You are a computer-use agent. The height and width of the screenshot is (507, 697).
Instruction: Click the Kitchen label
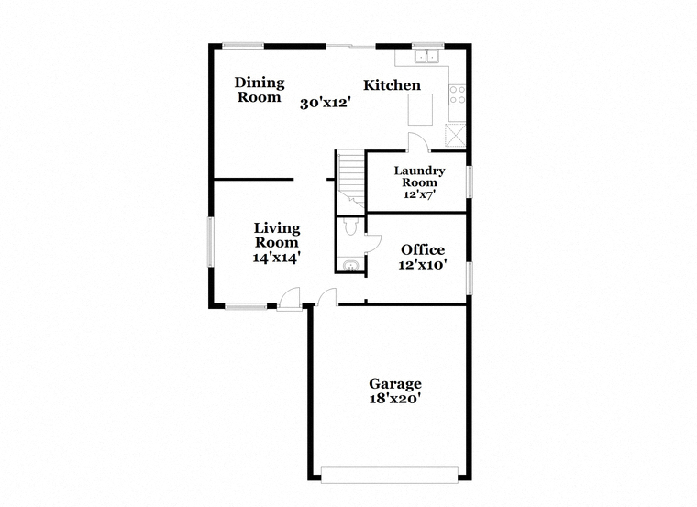coord(392,85)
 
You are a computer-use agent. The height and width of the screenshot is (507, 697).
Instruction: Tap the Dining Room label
coord(260,90)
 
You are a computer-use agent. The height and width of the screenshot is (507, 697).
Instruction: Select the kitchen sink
coord(426,57)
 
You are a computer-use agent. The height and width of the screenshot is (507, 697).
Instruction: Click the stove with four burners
coord(457,94)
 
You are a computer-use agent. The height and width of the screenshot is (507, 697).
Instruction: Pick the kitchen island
coord(420,109)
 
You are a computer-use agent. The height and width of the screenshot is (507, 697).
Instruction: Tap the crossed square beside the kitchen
coord(455,135)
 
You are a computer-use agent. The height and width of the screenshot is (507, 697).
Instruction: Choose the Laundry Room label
coord(420,176)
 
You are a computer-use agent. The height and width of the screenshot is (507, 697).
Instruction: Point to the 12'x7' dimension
coord(420,194)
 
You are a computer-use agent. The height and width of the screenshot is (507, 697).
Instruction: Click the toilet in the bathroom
coord(350,226)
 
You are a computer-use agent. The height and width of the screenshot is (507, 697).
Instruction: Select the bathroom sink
coord(351,265)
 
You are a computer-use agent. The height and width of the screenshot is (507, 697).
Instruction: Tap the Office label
coord(423,249)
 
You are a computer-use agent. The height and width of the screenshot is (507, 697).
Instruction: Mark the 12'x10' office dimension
coord(423,265)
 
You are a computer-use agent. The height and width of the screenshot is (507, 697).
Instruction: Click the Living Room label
coord(277,235)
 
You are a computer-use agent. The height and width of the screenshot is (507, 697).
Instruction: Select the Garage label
coord(395,383)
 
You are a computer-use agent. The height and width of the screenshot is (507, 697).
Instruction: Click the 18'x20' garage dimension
coord(395,399)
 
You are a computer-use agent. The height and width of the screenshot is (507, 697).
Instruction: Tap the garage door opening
coord(390,475)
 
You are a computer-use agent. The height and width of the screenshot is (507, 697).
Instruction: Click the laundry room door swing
coord(419,142)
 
